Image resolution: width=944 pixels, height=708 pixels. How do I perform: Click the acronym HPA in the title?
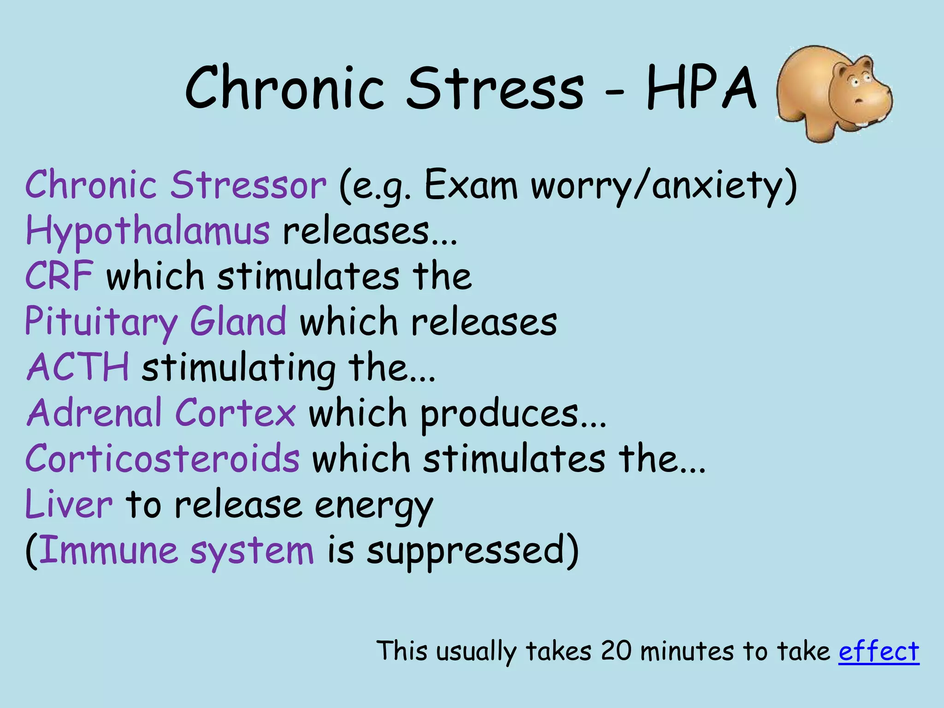(x=701, y=88)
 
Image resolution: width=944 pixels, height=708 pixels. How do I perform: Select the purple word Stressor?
(x=248, y=185)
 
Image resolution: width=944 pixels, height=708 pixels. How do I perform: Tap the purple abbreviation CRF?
(x=59, y=276)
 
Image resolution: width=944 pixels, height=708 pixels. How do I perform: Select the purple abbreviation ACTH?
(x=78, y=367)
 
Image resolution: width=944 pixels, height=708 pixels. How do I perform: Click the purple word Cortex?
(x=235, y=413)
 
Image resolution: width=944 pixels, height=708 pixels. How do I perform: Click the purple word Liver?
(x=69, y=504)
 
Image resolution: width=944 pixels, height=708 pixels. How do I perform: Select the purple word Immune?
(x=108, y=550)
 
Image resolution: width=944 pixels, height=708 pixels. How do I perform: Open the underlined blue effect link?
(x=879, y=652)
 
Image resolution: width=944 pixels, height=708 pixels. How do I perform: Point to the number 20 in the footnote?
(x=616, y=651)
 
